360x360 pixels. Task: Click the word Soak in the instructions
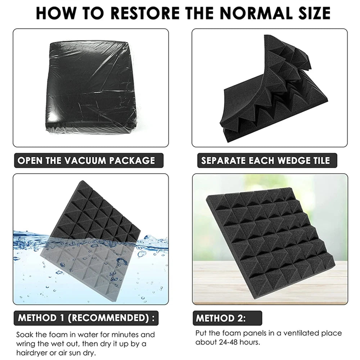pos(25,335)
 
